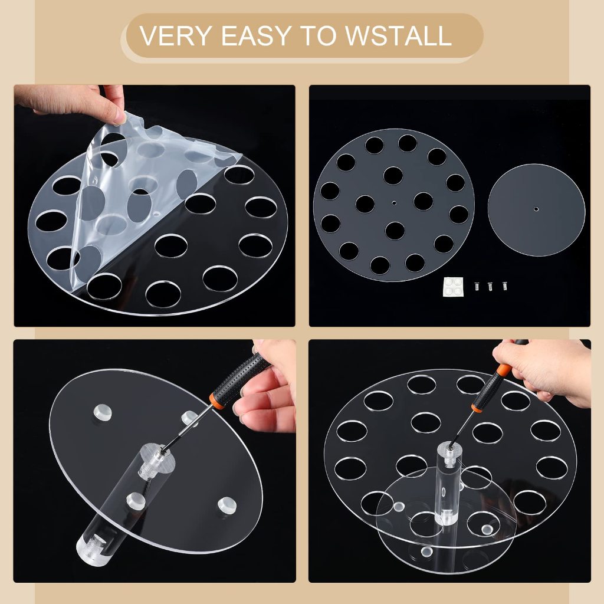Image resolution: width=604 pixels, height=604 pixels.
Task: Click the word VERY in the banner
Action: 175,35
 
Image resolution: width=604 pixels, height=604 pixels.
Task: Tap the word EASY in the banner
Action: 256,35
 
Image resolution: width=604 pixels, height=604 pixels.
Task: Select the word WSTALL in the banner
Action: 398,35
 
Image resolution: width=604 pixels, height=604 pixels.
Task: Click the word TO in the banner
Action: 317,35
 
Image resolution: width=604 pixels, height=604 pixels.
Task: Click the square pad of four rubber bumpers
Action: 453,287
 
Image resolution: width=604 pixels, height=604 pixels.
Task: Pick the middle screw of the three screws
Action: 490,286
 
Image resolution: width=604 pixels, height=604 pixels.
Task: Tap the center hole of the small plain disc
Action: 536,209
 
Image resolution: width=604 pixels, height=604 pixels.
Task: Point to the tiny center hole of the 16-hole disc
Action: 393,203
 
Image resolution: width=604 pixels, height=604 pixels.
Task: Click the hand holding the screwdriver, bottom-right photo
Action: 547,370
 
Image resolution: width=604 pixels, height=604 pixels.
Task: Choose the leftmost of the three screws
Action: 477,286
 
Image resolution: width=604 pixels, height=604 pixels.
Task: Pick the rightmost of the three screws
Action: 504,286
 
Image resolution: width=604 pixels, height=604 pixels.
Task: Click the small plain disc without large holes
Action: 536,210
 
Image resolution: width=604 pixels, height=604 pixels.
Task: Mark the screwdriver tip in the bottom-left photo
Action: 164,449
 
